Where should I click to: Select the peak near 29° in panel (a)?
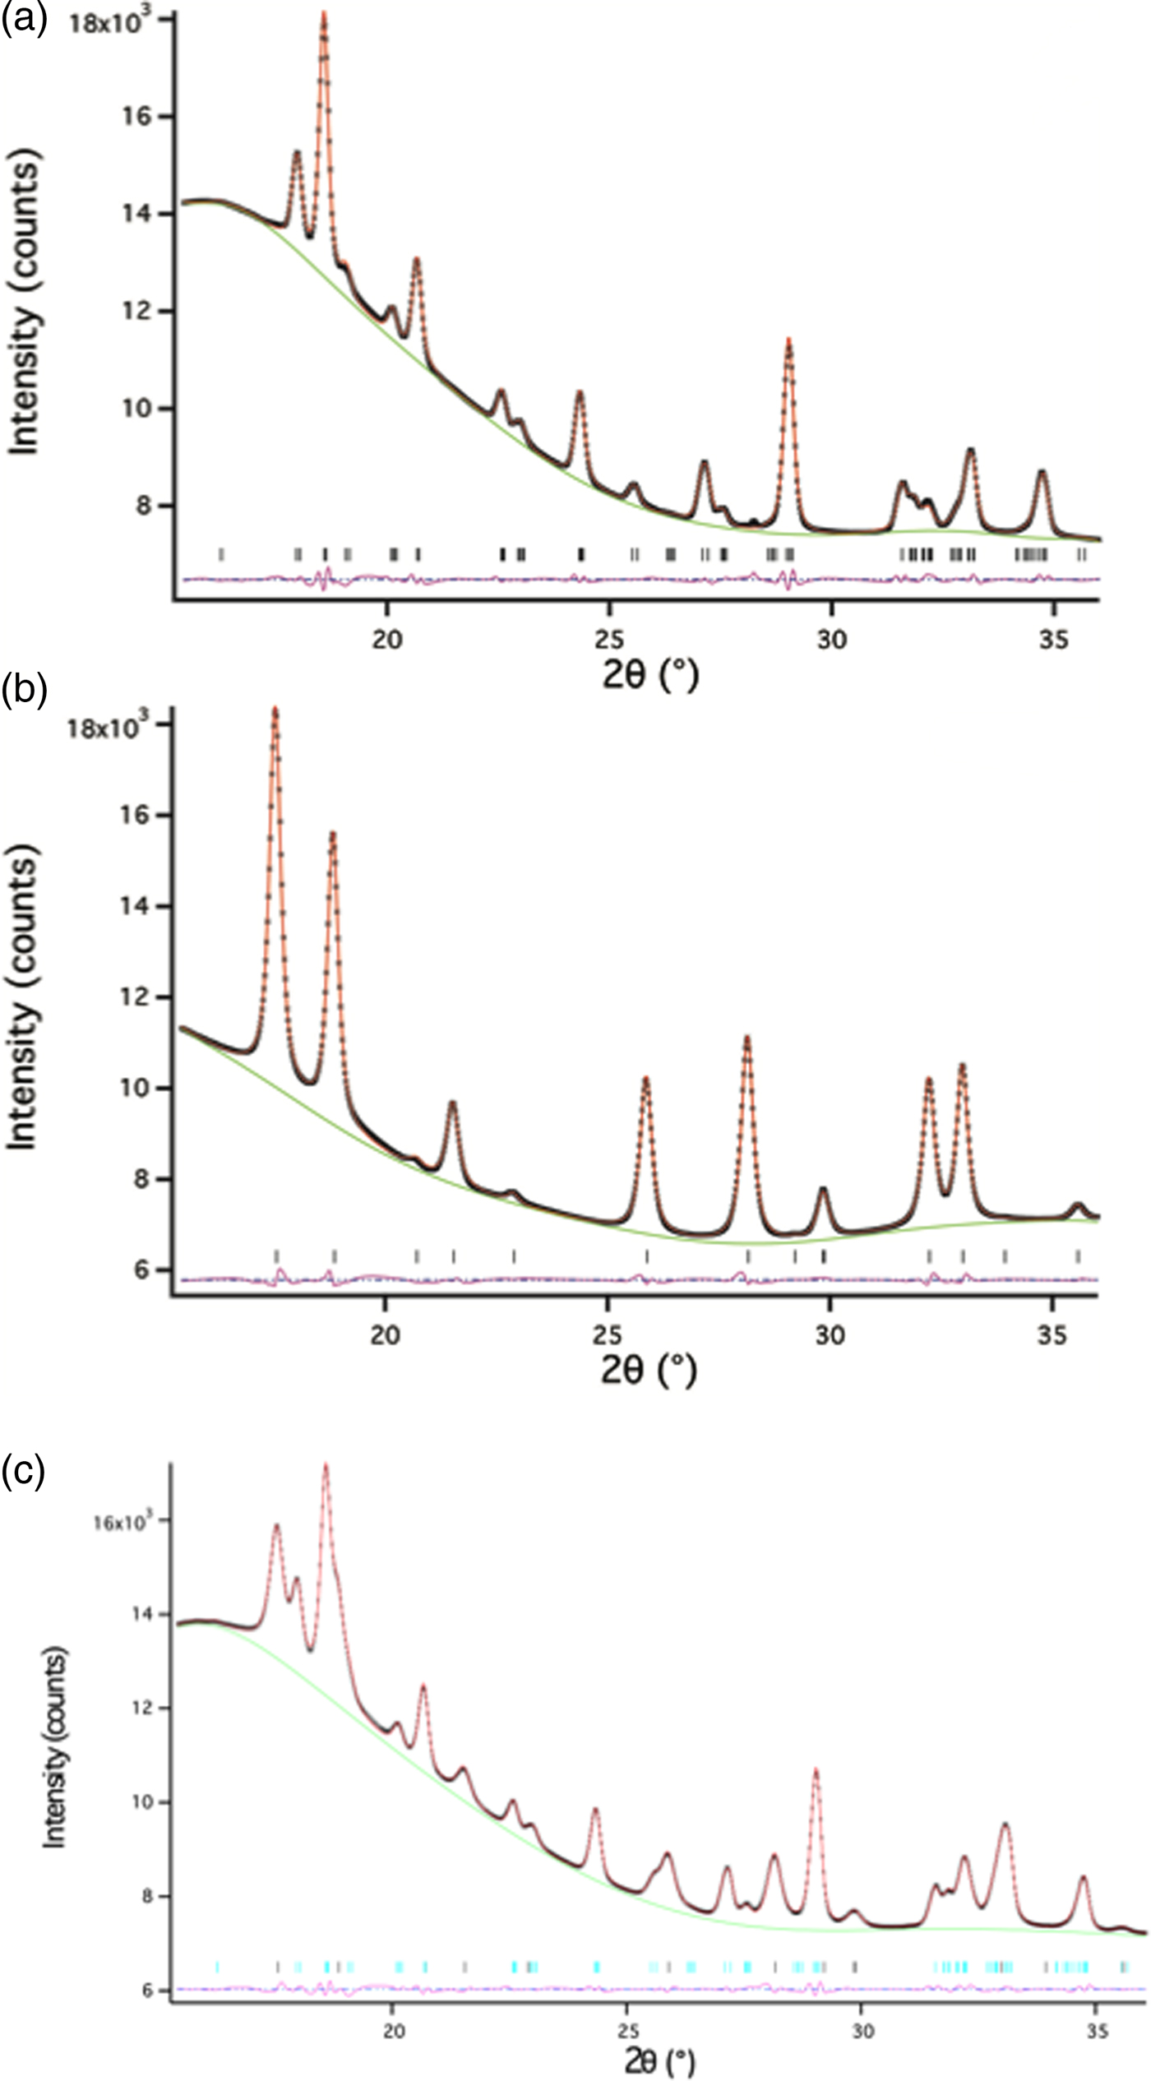788,342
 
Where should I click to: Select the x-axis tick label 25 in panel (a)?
608,639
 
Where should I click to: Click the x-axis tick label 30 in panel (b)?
830,1334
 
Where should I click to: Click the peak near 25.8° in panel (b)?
645,1080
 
